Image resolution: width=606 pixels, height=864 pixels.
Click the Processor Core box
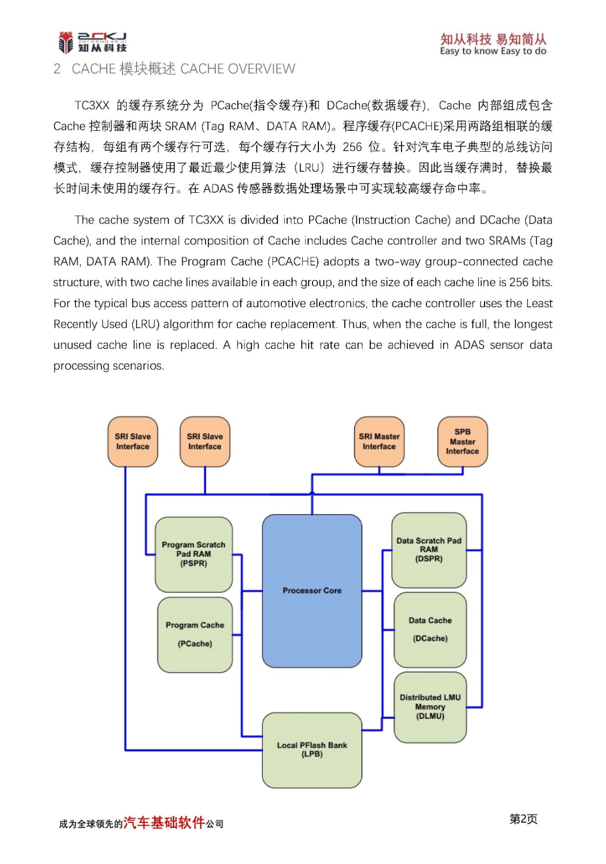312,591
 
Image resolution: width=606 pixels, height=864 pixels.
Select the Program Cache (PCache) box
195,634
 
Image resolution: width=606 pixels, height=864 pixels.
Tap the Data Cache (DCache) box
430,630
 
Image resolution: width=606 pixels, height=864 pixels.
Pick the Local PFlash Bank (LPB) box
312,750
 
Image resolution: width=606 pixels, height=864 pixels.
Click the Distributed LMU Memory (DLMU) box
430,707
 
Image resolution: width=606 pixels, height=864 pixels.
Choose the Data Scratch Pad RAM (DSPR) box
429,550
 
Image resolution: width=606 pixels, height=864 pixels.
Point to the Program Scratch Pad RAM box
194,554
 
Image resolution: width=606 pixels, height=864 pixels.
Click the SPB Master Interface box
462,441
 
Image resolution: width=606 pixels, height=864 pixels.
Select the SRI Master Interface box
379,441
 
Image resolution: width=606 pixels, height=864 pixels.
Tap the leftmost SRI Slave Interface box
133,441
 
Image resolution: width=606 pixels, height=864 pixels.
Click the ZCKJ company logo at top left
92,42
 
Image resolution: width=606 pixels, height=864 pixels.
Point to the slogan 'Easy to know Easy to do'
493,51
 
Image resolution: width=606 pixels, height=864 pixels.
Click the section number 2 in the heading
57,69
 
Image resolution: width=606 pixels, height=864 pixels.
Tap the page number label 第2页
523,819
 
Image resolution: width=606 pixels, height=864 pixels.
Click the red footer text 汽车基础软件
164,822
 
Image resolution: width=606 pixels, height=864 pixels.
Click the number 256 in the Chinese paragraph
352,147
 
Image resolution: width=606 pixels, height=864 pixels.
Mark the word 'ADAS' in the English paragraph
469,345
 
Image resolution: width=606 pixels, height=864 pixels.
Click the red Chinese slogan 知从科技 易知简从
493,39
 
